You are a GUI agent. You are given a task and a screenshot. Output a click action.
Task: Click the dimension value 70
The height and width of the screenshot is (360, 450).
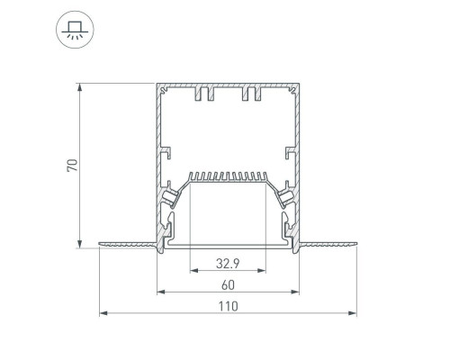coord(72,166)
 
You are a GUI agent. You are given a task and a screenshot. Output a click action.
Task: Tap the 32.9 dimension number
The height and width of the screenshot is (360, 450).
coord(228,264)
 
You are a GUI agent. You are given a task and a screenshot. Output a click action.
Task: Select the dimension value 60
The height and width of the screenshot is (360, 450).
coord(228,285)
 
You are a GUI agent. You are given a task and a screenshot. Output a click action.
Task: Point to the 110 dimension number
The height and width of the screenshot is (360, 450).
coord(228,306)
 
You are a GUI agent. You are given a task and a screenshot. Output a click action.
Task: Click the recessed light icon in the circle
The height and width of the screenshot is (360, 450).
coord(75,30)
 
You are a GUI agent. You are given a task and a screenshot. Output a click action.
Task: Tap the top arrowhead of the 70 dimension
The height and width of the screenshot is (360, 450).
coord(79,87)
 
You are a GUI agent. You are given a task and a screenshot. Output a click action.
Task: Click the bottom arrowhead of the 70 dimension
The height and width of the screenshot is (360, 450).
coord(79,244)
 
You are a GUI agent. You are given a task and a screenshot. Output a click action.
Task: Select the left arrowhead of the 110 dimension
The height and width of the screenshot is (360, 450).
coord(103,313)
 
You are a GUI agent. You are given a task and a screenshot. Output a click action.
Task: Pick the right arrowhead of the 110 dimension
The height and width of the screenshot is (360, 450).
coord(353,313)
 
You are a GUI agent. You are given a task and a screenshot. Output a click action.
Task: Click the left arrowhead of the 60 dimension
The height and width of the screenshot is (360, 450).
coord(161,292)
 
